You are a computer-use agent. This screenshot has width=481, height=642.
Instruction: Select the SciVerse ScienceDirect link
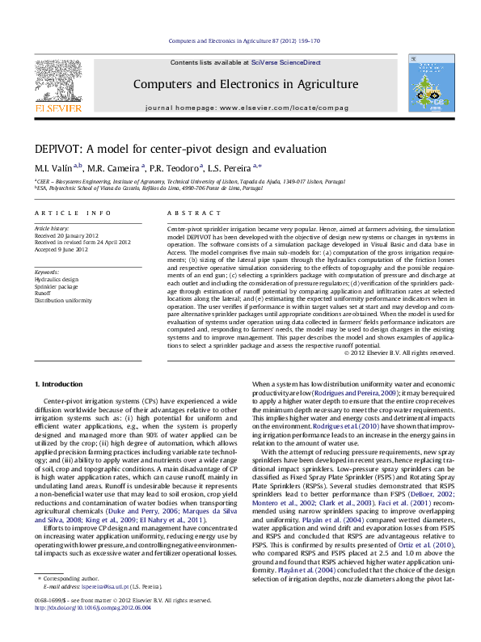tap(285, 62)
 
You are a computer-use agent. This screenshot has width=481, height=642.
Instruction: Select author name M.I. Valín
tap(53, 169)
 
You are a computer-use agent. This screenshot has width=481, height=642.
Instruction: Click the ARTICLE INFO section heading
tap(73, 213)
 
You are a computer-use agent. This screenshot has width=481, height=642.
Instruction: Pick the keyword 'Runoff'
tap(44, 292)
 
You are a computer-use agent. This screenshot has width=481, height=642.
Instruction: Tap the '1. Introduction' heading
tap(61, 382)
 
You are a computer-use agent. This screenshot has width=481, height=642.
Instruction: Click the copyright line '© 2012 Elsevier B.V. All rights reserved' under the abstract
tap(399, 353)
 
